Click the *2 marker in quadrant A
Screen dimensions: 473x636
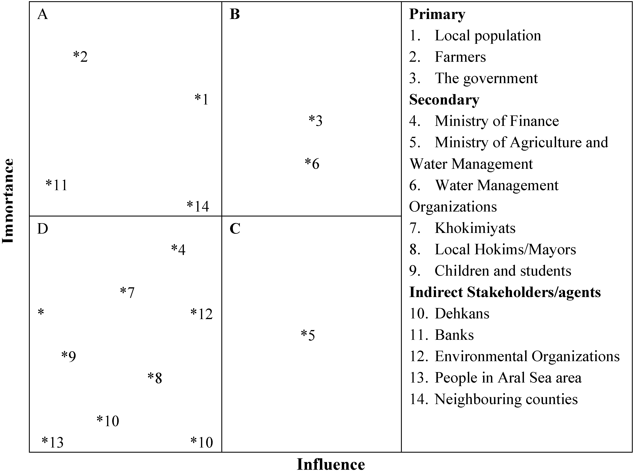[80, 57]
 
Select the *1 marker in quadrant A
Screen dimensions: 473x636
[202, 99]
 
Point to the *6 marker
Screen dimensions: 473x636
[312, 164]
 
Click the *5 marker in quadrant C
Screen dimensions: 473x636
[308, 335]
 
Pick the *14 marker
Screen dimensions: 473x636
[198, 206]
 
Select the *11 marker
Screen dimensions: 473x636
[56, 185]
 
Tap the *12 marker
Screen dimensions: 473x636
[202, 314]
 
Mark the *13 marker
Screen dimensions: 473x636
[53, 442]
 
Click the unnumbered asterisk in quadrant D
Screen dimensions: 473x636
[41, 312]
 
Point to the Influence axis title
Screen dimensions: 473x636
[331, 464]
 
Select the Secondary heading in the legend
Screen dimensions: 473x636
[444, 100]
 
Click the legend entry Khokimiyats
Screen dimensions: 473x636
[475, 228]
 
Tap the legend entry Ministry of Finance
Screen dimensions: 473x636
[497, 121]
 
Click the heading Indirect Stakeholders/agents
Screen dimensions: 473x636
[505, 292]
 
